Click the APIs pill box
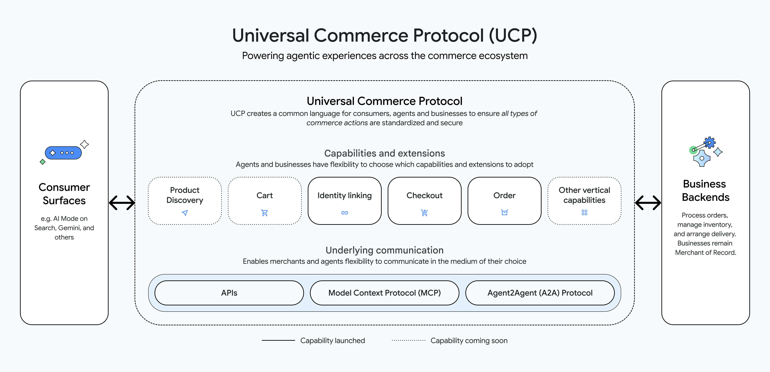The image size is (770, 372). coord(229,293)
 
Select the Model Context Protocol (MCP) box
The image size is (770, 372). coord(384,293)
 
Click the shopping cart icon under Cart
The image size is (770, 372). coord(265,213)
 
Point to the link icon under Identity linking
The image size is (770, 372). coord(345,213)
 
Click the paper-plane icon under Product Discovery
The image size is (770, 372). coord(185,213)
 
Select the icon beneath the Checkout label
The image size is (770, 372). coord(424,213)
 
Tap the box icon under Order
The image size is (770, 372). coord(505,212)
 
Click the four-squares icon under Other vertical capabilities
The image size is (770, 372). coord(584,212)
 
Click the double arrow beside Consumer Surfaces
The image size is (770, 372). coord(122,203)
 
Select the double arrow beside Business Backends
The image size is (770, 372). coord(648,203)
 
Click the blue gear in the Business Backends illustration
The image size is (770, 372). coord(710,143)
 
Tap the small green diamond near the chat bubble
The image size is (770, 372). coord(42,162)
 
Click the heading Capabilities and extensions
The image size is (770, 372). coord(384,153)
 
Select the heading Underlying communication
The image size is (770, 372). coord(384,250)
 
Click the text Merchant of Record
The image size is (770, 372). coord(705,252)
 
